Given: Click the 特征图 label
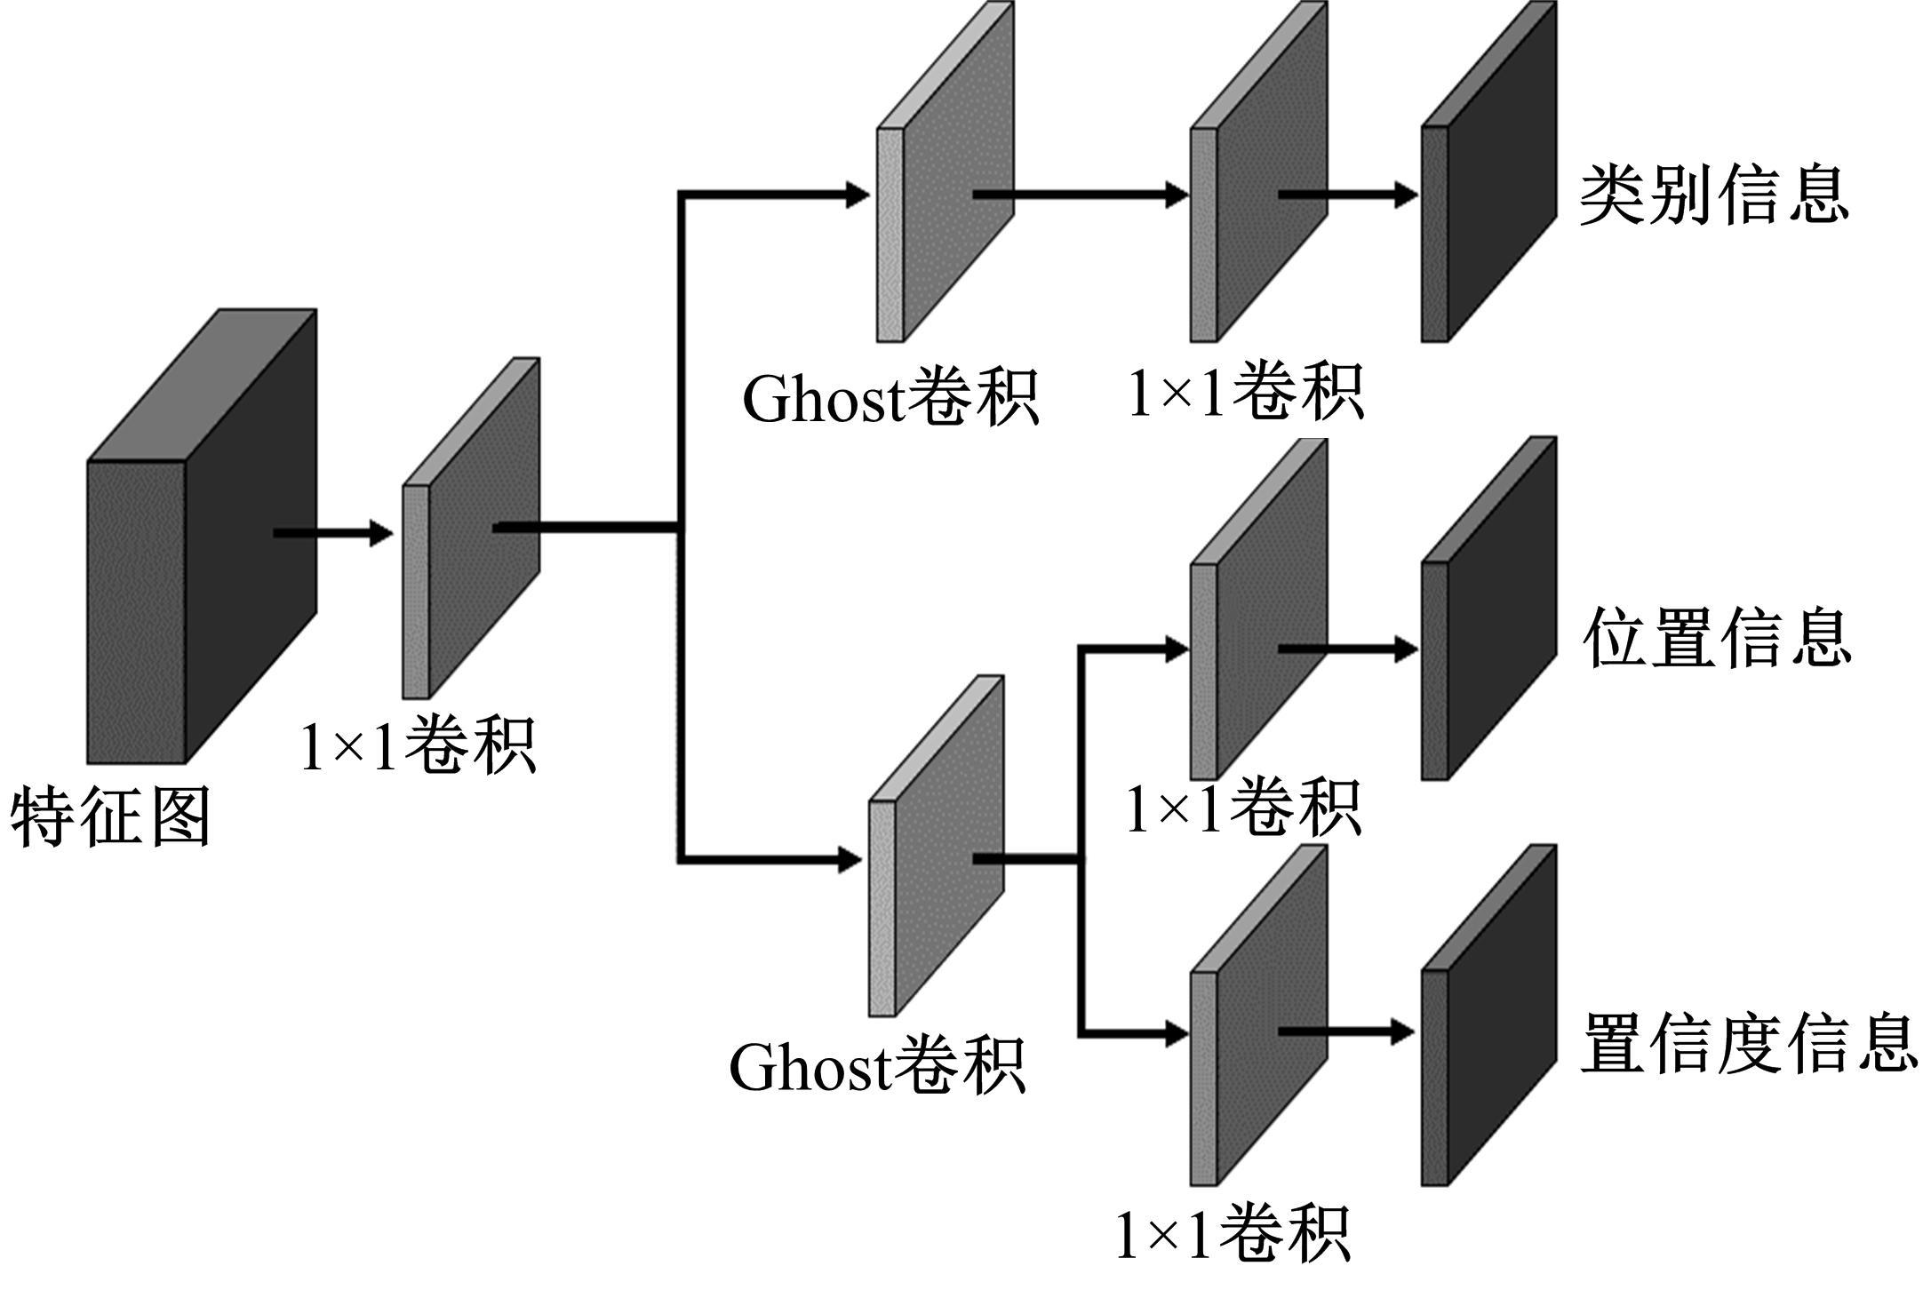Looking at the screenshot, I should [x=111, y=816].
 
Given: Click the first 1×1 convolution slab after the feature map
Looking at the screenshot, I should [x=471, y=533].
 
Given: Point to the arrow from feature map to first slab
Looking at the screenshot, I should [x=333, y=533].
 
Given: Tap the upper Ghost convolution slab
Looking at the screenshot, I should [x=946, y=178].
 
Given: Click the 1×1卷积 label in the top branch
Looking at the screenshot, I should [x=1245, y=392].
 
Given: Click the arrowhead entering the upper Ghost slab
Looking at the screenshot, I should [x=858, y=195].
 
